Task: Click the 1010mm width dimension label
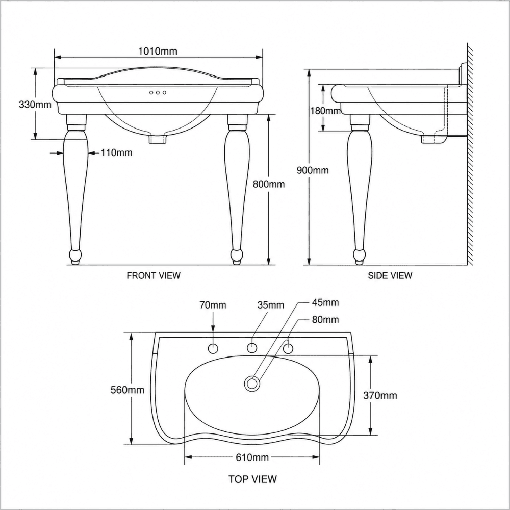click(x=158, y=51)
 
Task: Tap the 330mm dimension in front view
click(x=35, y=105)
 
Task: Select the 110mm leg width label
click(x=116, y=152)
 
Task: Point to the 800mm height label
click(x=269, y=184)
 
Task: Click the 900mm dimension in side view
click(x=313, y=170)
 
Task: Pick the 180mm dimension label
click(x=325, y=111)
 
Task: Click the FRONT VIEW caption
click(x=154, y=275)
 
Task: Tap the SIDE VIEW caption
click(x=390, y=275)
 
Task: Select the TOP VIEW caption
click(x=252, y=479)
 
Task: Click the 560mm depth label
click(x=127, y=390)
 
